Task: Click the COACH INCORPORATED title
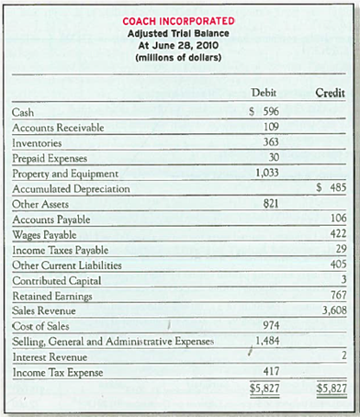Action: (180, 21)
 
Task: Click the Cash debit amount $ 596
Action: (264, 113)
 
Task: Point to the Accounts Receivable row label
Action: (57, 128)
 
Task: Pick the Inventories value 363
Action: (269, 143)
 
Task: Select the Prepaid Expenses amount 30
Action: (272, 158)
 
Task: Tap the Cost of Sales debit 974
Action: (269, 325)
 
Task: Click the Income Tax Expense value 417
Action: (269, 372)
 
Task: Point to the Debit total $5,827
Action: (264, 389)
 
